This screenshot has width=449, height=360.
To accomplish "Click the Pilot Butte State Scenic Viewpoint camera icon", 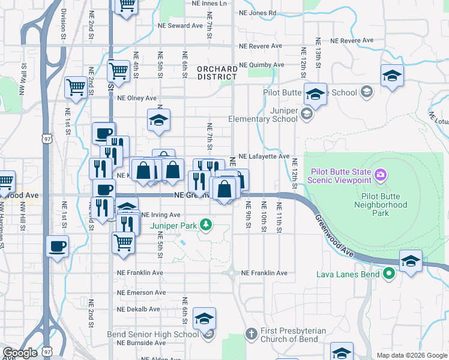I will [x=380, y=175].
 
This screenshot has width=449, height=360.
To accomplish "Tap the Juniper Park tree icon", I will [x=206, y=225].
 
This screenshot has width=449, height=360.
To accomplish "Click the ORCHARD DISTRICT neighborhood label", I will [x=217, y=73].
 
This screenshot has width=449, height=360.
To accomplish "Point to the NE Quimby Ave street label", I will [x=261, y=65].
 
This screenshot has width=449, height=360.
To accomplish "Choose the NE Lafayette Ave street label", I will [x=264, y=156].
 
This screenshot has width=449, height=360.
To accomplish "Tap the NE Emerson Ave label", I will [x=142, y=293].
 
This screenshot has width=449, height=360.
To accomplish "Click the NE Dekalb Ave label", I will [x=139, y=310].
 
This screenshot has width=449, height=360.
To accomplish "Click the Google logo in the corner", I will [x=20, y=353].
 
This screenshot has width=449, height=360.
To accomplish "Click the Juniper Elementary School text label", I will [x=263, y=115].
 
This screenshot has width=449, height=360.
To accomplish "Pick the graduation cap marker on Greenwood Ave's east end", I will [x=411, y=262].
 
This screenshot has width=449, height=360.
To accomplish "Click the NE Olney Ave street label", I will [x=137, y=98].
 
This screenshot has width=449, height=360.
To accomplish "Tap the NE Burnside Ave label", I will [x=141, y=343].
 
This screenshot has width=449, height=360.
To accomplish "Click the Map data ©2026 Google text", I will [x=412, y=355].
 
